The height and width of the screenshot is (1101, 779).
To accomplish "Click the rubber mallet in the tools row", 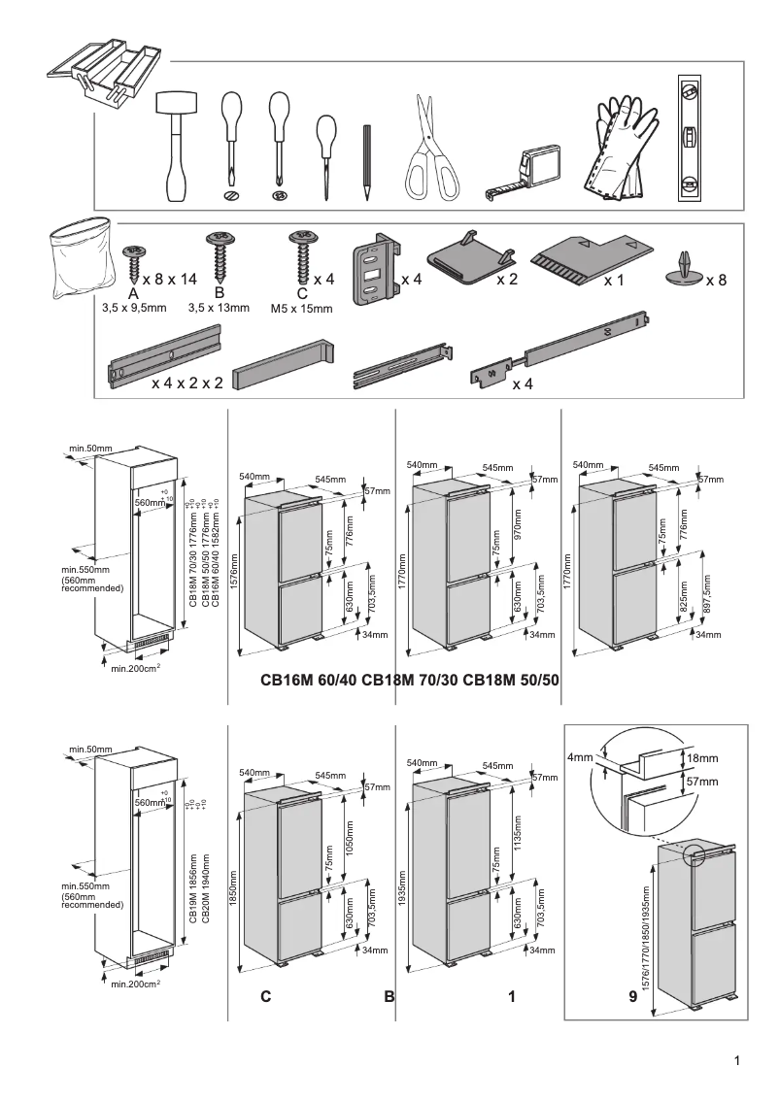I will (x=177, y=146).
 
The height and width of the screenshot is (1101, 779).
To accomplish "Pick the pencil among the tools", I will (x=368, y=161).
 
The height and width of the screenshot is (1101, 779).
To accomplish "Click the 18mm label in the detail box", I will (x=702, y=757).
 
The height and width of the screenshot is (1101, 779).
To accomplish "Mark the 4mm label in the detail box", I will (x=579, y=756).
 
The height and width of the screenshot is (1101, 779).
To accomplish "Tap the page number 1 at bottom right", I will (x=738, y=1060).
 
